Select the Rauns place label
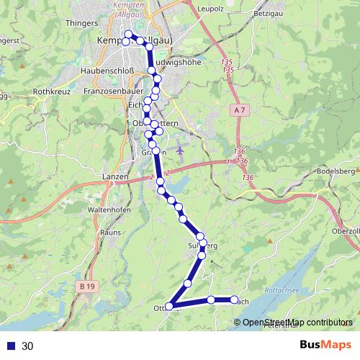tap(110, 233)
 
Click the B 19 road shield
tap(87, 287)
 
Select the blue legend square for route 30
tap(11, 346)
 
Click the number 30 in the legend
tap(27, 346)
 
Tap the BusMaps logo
tap(325, 346)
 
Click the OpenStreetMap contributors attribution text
tap(297, 322)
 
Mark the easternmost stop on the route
tap(234, 300)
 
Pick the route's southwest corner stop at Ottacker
tap(171, 307)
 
